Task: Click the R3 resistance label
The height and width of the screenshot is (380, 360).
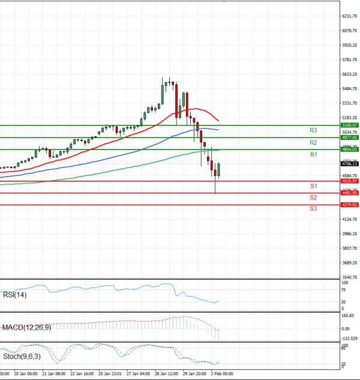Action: tap(313, 130)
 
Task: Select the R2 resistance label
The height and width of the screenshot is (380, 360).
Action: tap(313, 143)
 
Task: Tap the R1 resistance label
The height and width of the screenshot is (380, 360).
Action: tap(313, 155)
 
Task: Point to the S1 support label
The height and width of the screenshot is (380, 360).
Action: tap(313, 187)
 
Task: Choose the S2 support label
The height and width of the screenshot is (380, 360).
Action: tap(313, 198)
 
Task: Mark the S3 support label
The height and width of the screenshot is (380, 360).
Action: tap(313, 208)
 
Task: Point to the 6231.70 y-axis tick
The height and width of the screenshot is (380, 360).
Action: tap(349, 16)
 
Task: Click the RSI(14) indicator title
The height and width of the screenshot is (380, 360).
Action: tap(15, 295)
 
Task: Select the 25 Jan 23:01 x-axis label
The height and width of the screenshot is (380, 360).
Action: tap(109, 373)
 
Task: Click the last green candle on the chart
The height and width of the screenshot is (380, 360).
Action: tap(219, 170)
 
